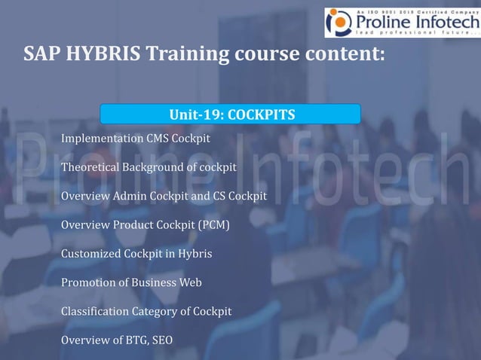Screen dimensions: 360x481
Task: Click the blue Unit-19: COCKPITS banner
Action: pyautogui.click(x=231, y=114)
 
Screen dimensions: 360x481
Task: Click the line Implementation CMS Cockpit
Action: pyautogui.click(x=135, y=139)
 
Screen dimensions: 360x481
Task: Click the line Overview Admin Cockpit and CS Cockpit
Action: pyautogui.click(x=164, y=196)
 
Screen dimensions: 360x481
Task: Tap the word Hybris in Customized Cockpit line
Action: pyautogui.click(x=195, y=254)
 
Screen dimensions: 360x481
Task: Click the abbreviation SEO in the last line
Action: pyautogui.click(x=162, y=340)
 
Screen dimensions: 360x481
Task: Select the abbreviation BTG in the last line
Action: pyautogui.click(x=136, y=340)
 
